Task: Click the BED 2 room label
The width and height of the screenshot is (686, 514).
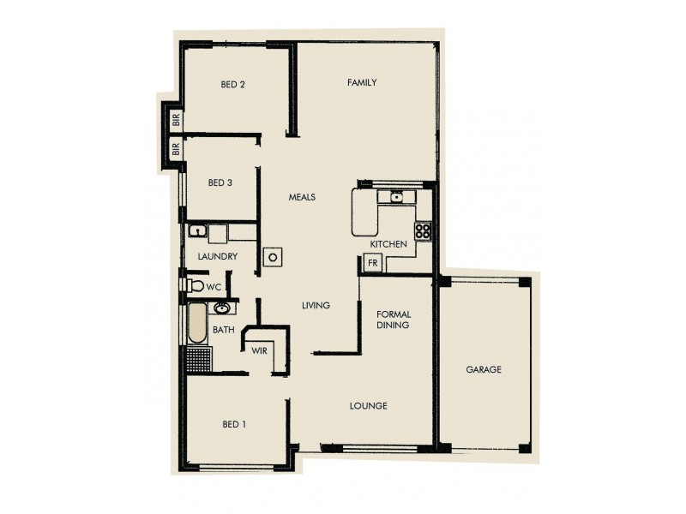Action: click(233, 84)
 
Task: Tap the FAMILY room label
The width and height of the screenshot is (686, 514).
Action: click(362, 82)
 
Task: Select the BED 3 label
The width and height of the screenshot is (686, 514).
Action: click(220, 182)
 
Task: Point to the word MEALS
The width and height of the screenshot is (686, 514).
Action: click(301, 197)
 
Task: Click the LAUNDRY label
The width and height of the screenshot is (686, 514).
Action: click(217, 256)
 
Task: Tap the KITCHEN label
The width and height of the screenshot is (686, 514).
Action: click(388, 245)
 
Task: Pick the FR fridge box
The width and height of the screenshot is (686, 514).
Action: click(373, 264)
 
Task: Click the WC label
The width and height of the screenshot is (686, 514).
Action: click(214, 287)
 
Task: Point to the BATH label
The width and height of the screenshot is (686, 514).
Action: click(223, 329)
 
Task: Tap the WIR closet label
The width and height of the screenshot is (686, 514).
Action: click(259, 350)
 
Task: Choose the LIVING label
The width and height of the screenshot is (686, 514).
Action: click(316, 306)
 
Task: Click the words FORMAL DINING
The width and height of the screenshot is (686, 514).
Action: click(393, 320)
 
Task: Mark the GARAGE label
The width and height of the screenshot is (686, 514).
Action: click(484, 370)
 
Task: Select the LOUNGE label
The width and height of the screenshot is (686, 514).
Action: click(369, 405)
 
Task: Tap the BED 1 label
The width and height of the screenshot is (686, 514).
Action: click(235, 424)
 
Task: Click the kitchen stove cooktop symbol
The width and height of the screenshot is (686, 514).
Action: click(423, 230)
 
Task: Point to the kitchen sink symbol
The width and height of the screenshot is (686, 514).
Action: click(395, 198)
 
